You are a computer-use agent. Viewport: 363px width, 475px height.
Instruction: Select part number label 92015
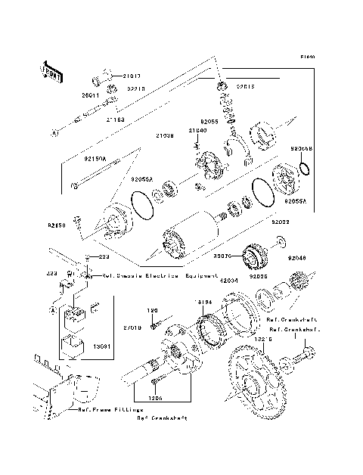pos(247,88)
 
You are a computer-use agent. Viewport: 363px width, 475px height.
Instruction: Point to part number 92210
pos(136,88)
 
